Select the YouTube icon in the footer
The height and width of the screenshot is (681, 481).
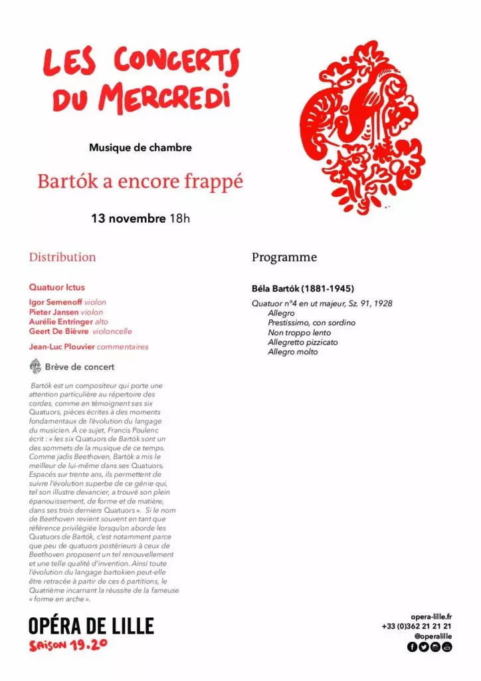pos(446,647)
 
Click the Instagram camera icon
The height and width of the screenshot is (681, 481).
pos(435,647)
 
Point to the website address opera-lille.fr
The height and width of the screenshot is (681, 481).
pos(431,616)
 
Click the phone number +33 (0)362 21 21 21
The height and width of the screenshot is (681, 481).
pos(417,626)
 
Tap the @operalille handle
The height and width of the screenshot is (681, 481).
pos(433,636)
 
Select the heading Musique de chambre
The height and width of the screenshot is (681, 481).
pos(140,148)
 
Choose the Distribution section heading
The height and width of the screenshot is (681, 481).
pos(62,257)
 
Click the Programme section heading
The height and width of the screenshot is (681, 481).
pos(284,257)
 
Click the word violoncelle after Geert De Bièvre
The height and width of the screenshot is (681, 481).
pos(112,331)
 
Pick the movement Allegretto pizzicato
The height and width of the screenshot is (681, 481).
pos(303,342)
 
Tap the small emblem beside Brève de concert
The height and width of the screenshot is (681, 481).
pos(36,366)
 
